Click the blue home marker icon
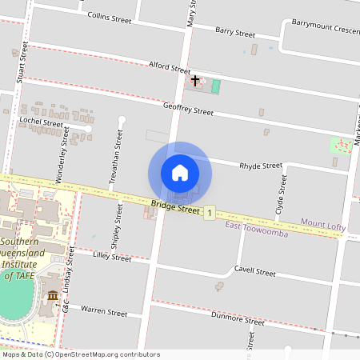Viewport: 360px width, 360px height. [x=180, y=172]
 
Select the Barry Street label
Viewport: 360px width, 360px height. [x=235, y=33]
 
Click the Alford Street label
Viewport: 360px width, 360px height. [x=169, y=67]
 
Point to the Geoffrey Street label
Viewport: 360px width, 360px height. [x=188, y=108]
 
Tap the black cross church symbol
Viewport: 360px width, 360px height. [x=195, y=81]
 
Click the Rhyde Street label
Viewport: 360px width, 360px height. [x=261, y=166]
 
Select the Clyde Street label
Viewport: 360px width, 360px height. [x=282, y=193]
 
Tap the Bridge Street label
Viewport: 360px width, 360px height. [x=174, y=208]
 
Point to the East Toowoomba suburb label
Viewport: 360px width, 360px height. [x=256, y=225]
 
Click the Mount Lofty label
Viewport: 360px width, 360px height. [x=322, y=226]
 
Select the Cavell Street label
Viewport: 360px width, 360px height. [x=254, y=271]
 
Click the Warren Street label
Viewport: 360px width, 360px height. [x=104, y=309]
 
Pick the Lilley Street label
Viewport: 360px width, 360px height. [x=111, y=257]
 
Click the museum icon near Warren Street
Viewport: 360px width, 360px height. [x=53, y=297]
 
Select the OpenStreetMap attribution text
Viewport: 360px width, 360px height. [x=81, y=354]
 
